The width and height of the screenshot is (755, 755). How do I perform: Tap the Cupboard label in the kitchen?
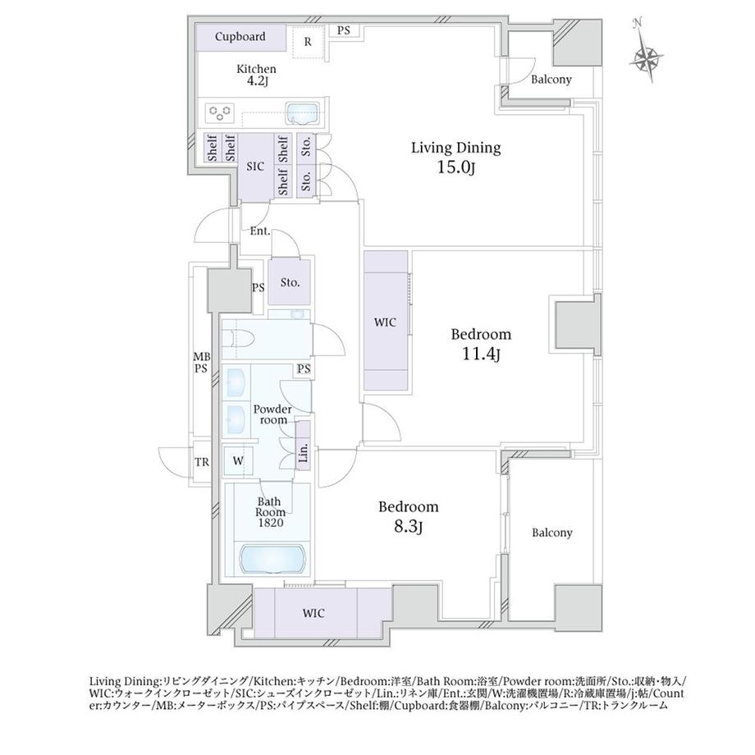coord(240,37)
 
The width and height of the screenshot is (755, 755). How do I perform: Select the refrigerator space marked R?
coord(308,41)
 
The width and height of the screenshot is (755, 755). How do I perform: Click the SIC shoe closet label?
coord(255,166)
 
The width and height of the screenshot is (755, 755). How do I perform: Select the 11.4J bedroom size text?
coord(481,354)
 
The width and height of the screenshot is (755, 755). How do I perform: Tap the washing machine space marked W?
coord(237,461)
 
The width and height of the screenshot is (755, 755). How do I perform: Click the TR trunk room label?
coord(201,462)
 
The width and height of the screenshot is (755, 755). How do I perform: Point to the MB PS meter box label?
coord(201,362)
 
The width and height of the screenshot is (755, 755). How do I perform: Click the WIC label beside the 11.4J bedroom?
coord(386,323)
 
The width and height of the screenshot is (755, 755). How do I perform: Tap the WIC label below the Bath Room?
coord(313,612)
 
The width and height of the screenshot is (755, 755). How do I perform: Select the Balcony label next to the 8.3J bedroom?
coord(551,533)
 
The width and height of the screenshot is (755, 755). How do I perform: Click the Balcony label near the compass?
coord(551,80)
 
